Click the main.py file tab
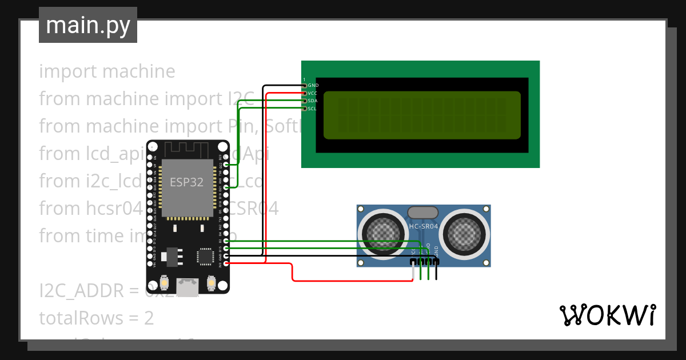[87, 25]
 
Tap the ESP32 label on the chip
[186, 183]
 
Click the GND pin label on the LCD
[313, 85]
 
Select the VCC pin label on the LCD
[312, 93]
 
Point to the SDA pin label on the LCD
[312, 101]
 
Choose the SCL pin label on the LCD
[312, 109]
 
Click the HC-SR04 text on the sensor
[424, 226]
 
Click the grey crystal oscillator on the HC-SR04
[424, 212]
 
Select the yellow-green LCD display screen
[422, 115]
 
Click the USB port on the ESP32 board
[188, 286]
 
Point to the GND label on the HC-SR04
[437, 250]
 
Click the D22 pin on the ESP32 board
[227, 165]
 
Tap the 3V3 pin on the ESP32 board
[227, 263]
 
